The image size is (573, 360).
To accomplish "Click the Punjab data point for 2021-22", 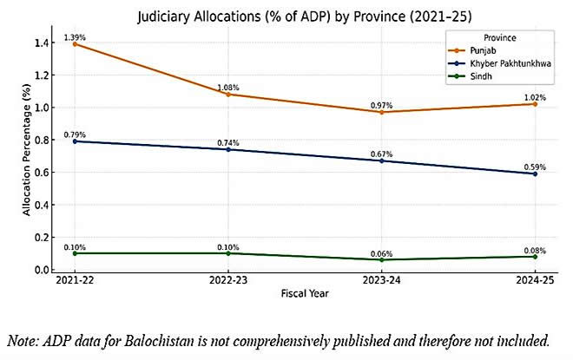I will (x=75, y=43).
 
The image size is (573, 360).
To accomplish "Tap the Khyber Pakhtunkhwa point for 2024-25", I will (x=535, y=173).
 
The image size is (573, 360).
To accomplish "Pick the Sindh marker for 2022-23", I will (x=228, y=253).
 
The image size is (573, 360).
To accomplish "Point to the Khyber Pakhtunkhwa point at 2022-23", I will (x=228, y=149).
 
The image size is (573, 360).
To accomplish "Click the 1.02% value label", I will (x=535, y=97).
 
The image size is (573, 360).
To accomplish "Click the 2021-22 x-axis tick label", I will (x=75, y=281).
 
